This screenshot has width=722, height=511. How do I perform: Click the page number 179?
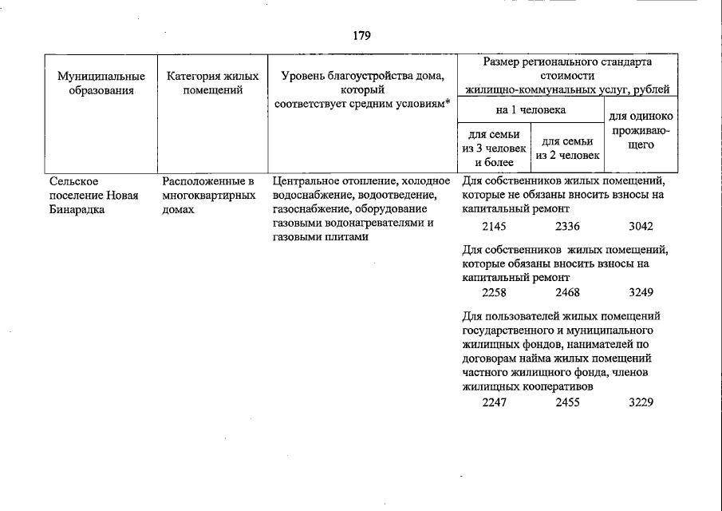[361, 36]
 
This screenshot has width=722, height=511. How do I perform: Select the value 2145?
[494, 227]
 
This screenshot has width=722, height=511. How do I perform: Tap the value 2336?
[567, 227]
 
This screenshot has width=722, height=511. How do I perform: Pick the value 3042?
[641, 227]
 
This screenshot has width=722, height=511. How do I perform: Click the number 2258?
[494, 292]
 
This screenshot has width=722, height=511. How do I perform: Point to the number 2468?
[567, 292]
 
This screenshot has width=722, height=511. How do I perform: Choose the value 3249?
[641, 292]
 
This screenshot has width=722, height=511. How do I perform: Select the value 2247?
[494, 402]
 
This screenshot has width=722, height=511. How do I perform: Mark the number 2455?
[567, 402]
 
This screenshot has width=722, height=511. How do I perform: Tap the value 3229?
[641, 402]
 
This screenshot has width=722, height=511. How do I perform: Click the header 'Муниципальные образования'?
[101, 83]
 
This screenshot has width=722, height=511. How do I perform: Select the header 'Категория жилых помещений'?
[213, 83]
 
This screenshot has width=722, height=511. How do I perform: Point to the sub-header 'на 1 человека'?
[531, 109]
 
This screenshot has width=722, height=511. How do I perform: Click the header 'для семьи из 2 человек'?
[567, 149]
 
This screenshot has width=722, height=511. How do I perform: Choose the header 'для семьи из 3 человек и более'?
[494, 149]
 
